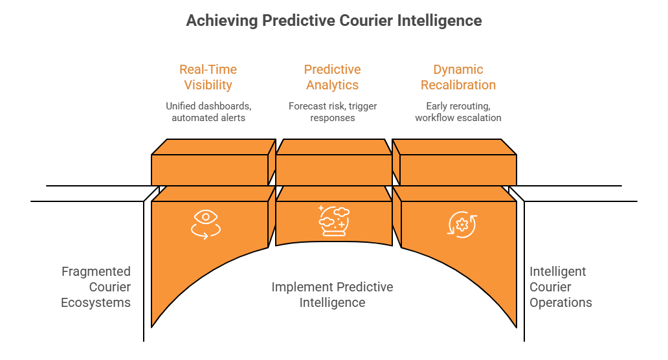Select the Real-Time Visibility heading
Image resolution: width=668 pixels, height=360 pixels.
pos(208,77)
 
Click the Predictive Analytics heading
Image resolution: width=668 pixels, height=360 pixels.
pos(332,77)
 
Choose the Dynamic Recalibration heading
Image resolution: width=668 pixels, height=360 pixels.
pos(458,77)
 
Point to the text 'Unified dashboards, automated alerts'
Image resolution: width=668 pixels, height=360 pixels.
pos(208,112)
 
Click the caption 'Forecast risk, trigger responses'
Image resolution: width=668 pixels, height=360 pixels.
pos(332,112)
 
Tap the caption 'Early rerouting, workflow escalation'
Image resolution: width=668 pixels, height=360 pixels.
pos(458,112)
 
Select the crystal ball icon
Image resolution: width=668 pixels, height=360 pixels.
pos(333,220)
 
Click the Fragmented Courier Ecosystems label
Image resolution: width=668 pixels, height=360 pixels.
pos(96,287)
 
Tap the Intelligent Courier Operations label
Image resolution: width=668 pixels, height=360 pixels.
pos(561,287)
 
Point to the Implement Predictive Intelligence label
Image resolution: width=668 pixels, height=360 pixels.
pos(332,295)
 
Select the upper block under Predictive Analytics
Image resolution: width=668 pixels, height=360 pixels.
pos(333,170)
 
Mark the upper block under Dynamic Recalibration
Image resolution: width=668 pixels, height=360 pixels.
pos(458,170)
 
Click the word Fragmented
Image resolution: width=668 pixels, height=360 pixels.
pos(96,271)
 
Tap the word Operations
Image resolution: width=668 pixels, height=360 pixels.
pos(561,302)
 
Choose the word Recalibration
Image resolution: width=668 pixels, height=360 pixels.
pos(458,85)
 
